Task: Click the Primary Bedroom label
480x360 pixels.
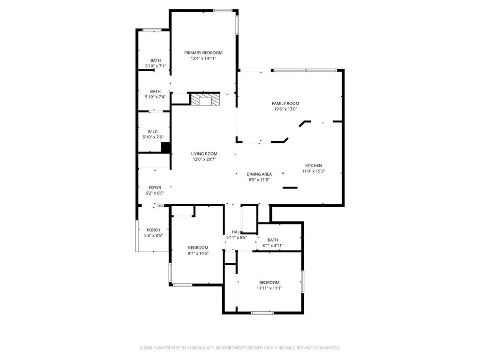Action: coord(203,53)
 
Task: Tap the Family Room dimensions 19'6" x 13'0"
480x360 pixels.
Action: coord(285,109)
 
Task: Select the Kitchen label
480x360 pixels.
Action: coord(314,165)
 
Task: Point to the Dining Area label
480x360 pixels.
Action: coord(259,174)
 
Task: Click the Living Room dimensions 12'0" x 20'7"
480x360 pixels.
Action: coord(204,159)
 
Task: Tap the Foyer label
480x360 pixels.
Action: coord(155,187)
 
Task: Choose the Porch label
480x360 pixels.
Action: coord(153,230)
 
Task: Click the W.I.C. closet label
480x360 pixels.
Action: coord(153,131)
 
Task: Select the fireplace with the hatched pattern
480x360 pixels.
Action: coord(204,99)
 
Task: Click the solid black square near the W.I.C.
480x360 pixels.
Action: coord(165,148)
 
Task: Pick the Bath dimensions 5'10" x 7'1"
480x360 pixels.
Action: coord(155,66)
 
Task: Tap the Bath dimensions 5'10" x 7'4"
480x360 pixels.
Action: coord(155,97)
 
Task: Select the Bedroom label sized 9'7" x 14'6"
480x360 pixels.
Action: coord(198,247)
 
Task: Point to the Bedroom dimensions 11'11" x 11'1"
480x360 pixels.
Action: coord(269,288)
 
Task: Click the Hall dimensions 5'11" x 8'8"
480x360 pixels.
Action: coord(236,238)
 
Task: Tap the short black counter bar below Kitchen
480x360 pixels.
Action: coord(290,188)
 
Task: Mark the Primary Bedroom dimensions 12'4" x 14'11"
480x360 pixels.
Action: coord(203,59)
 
